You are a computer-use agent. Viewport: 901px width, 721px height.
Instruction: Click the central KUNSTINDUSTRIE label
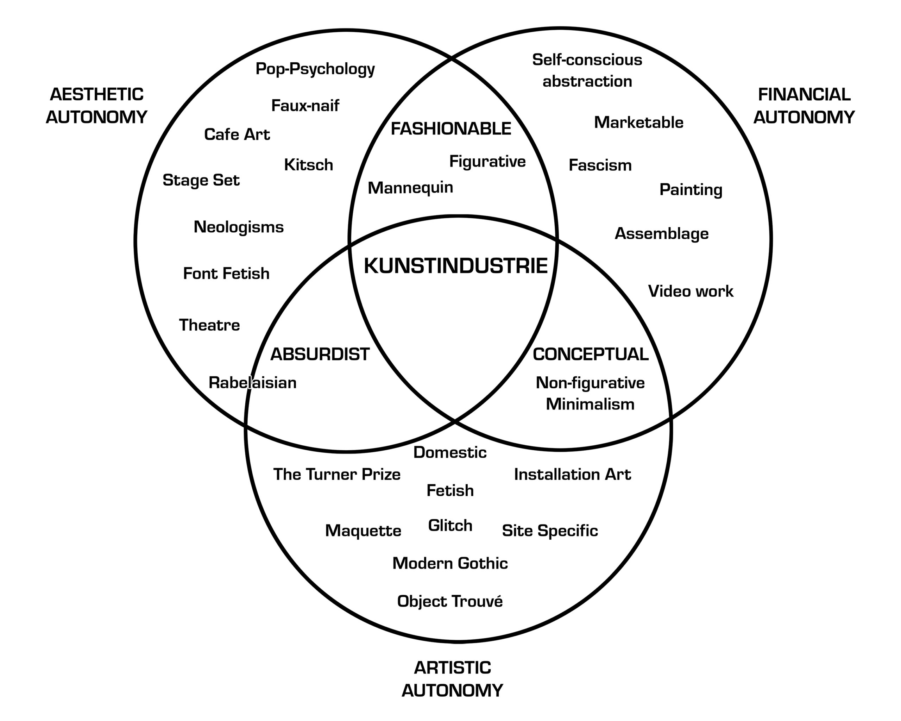pyautogui.click(x=455, y=266)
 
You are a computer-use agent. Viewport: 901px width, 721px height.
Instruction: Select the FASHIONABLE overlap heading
pyautogui.click(x=451, y=128)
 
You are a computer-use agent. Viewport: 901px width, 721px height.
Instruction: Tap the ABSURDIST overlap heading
pyautogui.click(x=320, y=355)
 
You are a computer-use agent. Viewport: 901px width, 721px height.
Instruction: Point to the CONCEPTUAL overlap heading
pyautogui.click(x=591, y=355)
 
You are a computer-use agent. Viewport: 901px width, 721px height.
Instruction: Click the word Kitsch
pyautogui.click(x=308, y=165)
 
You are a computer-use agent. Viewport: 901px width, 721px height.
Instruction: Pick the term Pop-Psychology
pyautogui.click(x=315, y=69)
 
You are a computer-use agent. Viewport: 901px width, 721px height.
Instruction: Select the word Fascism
pyautogui.click(x=600, y=165)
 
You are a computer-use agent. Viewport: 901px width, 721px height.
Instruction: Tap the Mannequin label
pyautogui.click(x=410, y=188)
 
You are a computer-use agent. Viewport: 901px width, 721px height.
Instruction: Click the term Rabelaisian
pyautogui.click(x=252, y=382)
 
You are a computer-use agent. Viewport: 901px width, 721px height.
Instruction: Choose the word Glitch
pyautogui.click(x=450, y=525)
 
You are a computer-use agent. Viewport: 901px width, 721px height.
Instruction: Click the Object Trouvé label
pyautogui.click(x=450, y=601)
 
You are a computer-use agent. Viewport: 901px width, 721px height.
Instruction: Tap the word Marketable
pyautogui.click(x=638, y=123)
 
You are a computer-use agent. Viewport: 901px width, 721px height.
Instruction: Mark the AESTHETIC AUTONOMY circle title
pyautogui.click(x=96, y=106)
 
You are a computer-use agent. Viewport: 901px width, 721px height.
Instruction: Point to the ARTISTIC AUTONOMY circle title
pyautogui.click(x=452, y=679)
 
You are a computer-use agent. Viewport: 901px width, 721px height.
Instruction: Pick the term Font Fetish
pyautogui.click(x=226, y=273)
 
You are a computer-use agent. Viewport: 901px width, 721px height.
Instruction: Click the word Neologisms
pyautogui.click(x=239, y=227)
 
